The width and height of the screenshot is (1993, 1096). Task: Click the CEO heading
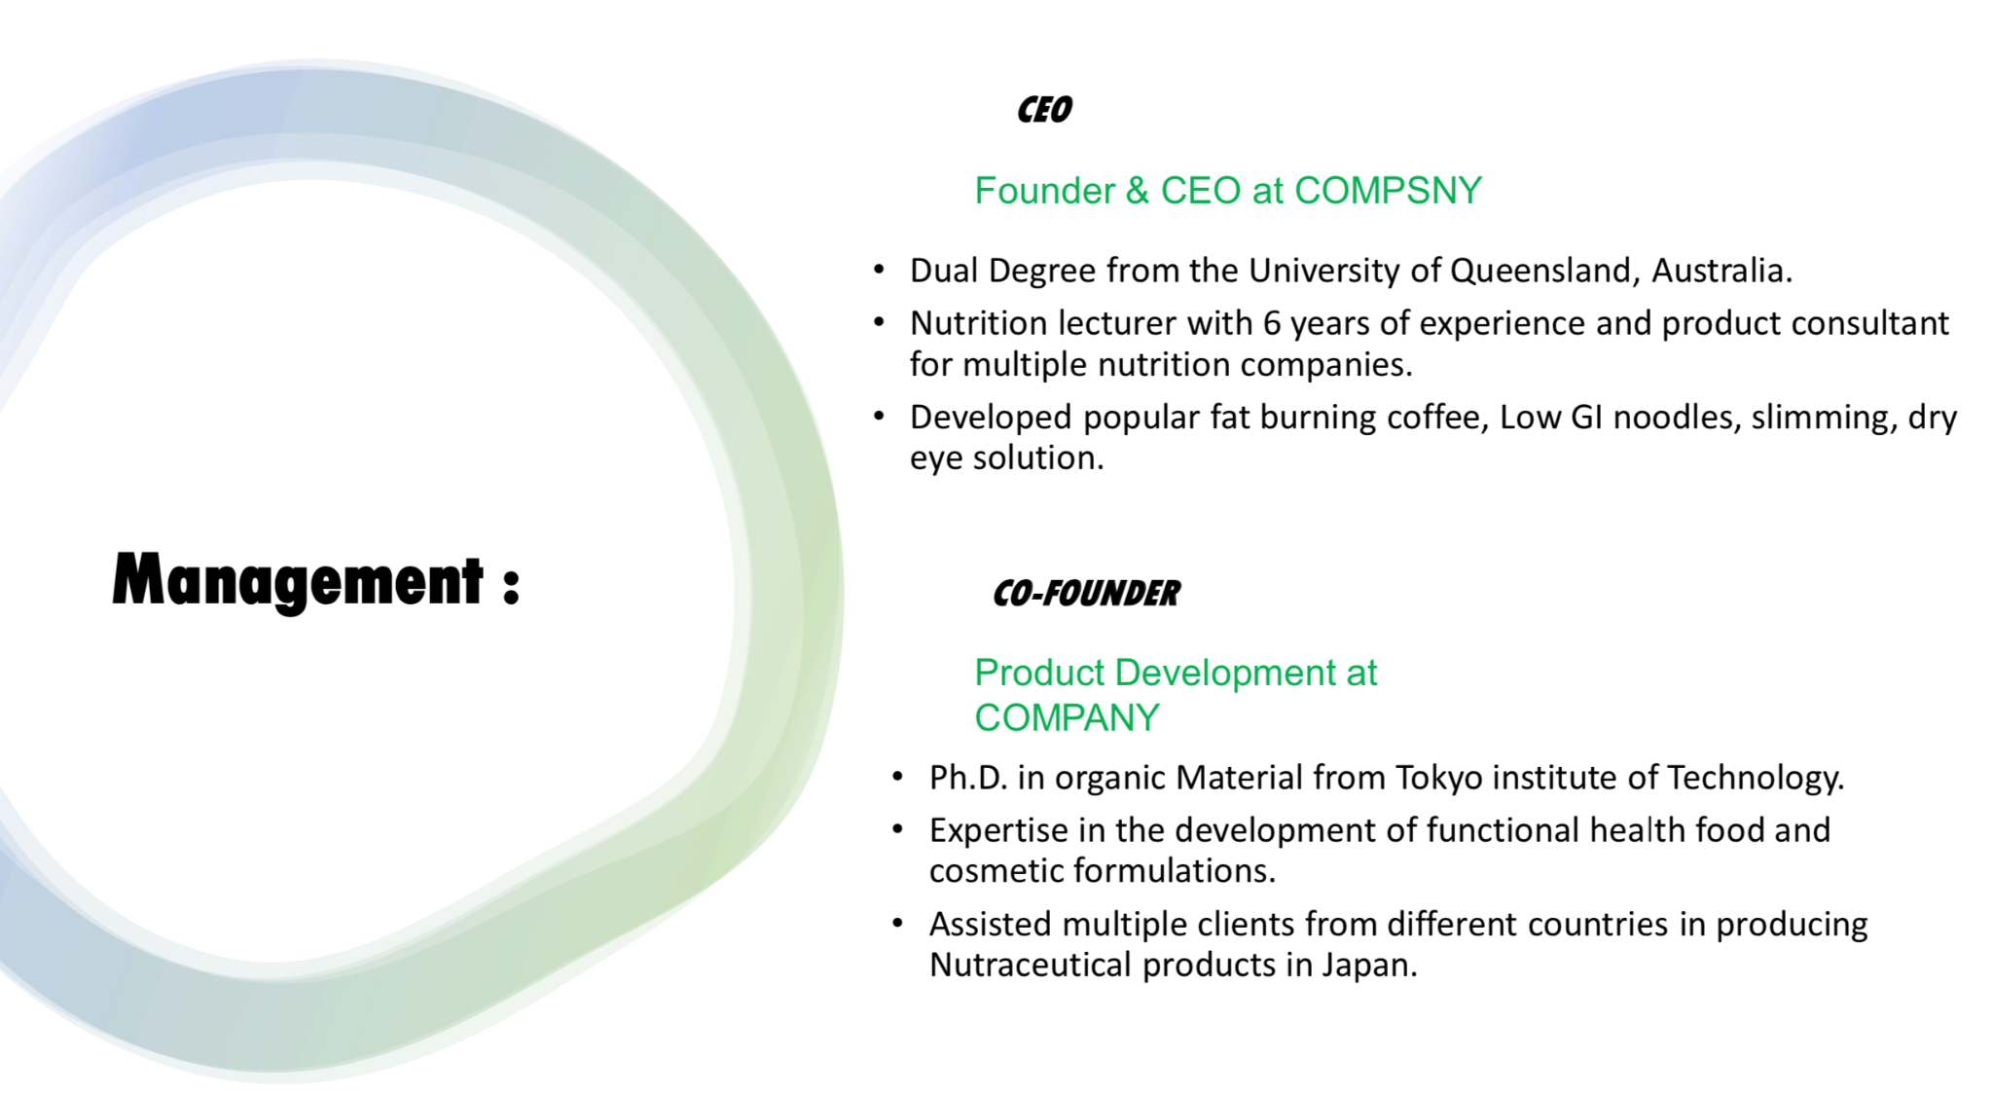[1044, 110]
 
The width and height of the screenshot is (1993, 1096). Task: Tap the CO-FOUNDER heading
[1086, 593]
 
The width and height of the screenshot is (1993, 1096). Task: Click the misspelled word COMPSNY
[1389, 191]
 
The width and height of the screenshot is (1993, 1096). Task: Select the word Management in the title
[298, 581]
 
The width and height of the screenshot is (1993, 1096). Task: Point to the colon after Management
[512, 586]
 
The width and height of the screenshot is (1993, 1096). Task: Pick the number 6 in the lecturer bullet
[1272, 323]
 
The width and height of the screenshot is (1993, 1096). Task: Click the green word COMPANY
[1067, 718]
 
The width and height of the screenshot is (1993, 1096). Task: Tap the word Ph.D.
[968, 778]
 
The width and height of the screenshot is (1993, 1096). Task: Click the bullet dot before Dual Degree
[880, 271]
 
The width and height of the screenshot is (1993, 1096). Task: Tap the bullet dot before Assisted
[898, 924]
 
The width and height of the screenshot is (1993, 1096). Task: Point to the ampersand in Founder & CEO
[1137, 191]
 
